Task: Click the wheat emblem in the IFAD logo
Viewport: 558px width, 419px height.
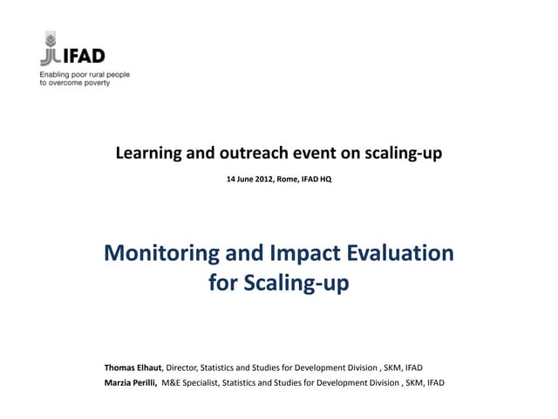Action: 50,48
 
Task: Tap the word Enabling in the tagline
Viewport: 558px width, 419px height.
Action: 56,75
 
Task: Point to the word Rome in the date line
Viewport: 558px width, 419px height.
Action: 287,179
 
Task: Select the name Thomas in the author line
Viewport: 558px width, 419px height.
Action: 121,367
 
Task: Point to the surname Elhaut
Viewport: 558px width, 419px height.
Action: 152,367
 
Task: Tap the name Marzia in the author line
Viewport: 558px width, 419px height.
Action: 119,382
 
